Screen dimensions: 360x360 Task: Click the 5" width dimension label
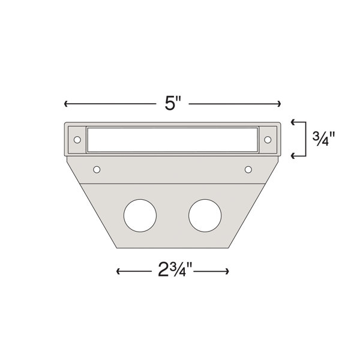pyautogui.click(x=173, y=104)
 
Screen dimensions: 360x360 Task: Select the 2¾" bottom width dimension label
pyautogui.click(x=175, y=270)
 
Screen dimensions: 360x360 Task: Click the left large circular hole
pyautogui.click(x=140, y=215)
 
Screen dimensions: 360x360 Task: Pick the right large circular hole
pyautogui.click(x=205, y=215)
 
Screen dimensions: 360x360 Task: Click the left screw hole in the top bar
pyautogui.click(x=77, y=140)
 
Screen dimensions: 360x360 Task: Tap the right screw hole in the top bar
pyautogui.click(x=268, y=140)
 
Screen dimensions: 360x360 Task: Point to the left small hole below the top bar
pyautogui.click(x=97, y=170)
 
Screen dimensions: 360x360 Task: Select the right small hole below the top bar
pyautogui.click(x=248, y=170)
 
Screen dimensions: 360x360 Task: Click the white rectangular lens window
pyautogui.click(x=172, y=140)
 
